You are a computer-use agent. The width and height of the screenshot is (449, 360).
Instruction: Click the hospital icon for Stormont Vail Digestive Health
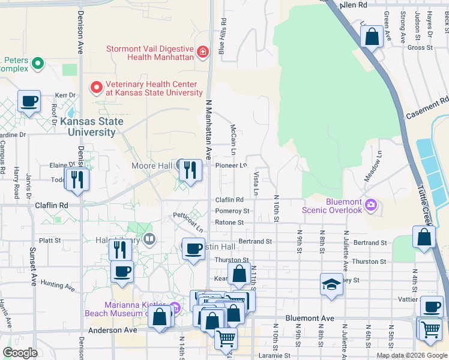[203, 52]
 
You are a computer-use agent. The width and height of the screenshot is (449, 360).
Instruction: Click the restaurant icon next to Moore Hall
[190, 170]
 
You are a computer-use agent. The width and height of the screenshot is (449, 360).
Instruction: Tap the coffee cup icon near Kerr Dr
[29, 101]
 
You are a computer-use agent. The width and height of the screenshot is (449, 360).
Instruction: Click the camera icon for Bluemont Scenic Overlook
[370, 205]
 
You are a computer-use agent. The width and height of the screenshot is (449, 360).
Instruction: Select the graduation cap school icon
[331, 284]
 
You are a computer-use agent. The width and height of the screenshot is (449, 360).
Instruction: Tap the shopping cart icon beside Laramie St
[226, 338]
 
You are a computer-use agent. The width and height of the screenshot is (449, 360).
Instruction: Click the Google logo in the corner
[20, 353]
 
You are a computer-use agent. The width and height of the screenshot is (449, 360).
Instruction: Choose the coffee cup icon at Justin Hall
[193, 248]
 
